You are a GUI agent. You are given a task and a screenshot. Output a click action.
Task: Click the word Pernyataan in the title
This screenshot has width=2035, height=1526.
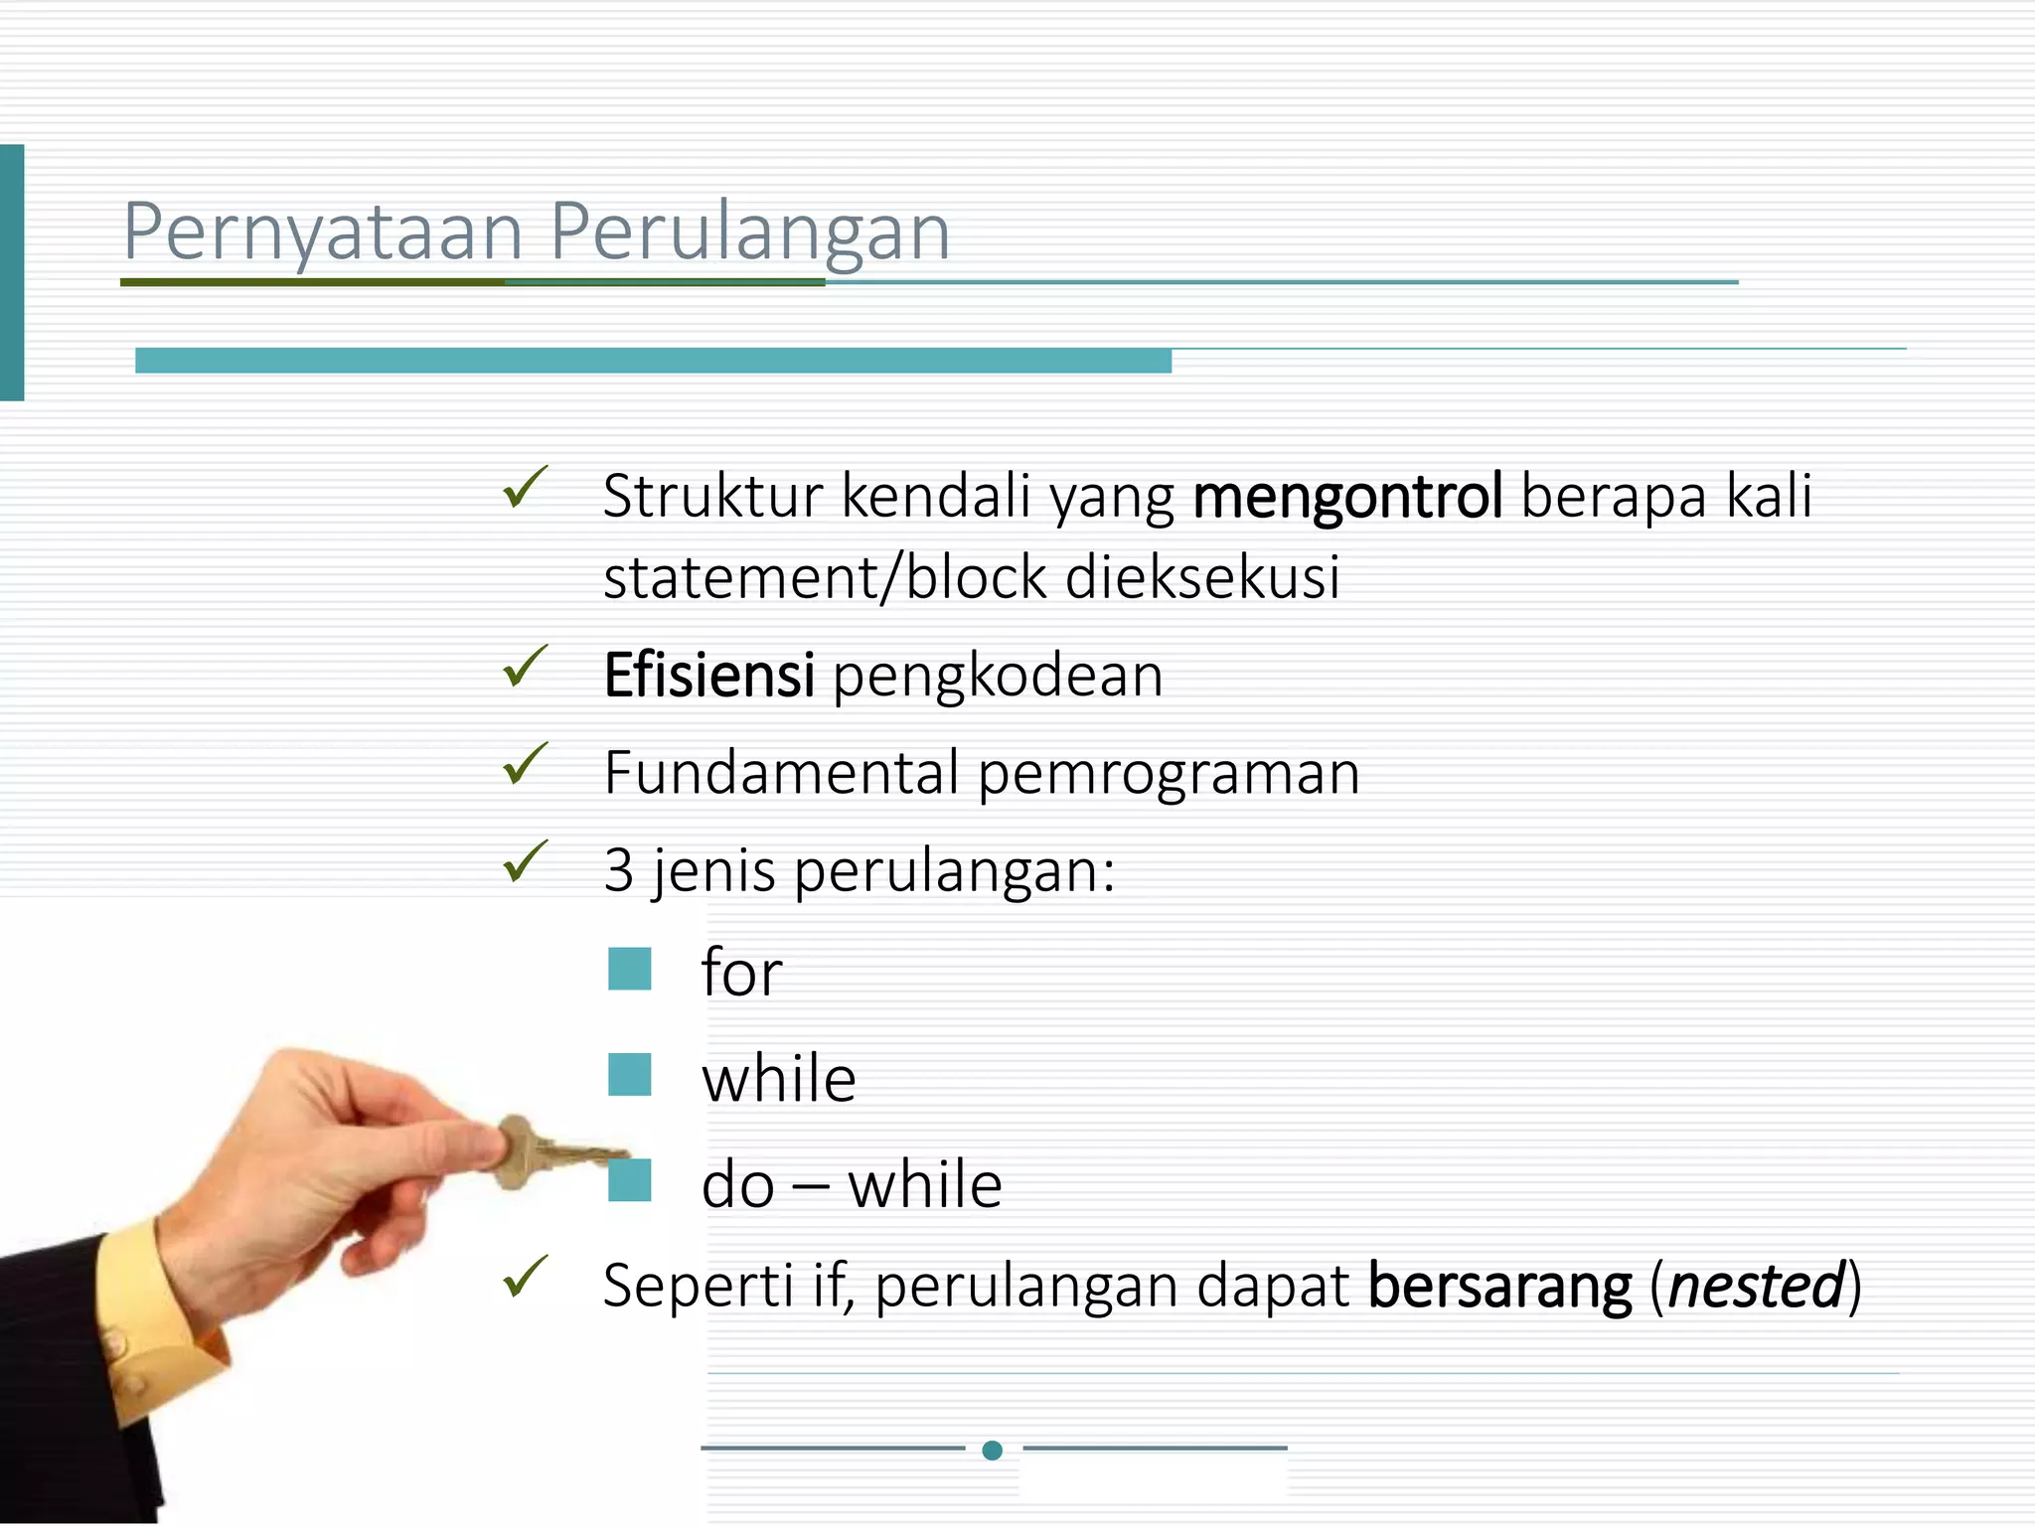pyautogui.click(x=323, y=232)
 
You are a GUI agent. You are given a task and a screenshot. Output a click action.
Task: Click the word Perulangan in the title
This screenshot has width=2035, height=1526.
pyautogui.click(x=750, y=232)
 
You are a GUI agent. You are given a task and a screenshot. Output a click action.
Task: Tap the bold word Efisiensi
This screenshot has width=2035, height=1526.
pyautogui.click(x=709, y=676)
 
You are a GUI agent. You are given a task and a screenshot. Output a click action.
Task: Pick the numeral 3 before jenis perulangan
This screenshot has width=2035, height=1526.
pyautogui.click(x=618, y=870)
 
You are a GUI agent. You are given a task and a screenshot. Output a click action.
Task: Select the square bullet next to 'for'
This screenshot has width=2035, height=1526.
pyautogui.click(x=630, y=969)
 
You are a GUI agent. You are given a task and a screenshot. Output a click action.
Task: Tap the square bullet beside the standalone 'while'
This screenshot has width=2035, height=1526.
pyautogui.click(x=630, y=1075)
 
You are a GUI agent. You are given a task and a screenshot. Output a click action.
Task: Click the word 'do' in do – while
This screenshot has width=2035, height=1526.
pyautogui.click(x=737, y=1185)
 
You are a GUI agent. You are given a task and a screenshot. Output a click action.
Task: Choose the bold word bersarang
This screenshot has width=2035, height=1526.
pyautogui.click(x=1499, y=1286)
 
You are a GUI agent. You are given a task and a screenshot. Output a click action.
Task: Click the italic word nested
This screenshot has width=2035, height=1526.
pyautogui.click(x=1756, y=1286)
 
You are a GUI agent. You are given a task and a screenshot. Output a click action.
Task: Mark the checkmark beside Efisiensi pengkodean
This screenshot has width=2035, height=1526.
pyautogui.click(x=525, y=667)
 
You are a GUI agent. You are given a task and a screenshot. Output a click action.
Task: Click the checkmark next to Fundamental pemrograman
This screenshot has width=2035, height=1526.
pyautogui.click(x=525, y=764)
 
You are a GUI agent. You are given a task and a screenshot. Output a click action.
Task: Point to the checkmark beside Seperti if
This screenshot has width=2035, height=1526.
pyautogui.click(x=525, y=1277)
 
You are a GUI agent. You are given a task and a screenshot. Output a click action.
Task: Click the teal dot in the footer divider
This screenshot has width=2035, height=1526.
pyautogui.click(x=992, y=1450)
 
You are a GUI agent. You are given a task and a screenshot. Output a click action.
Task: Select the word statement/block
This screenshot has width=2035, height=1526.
pyautogui.click(x=825, y=578)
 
